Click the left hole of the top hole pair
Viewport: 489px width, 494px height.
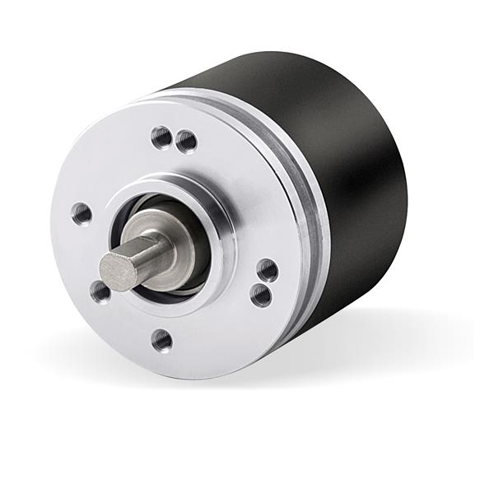click(161, 136)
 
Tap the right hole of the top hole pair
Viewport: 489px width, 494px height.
click(187, 142)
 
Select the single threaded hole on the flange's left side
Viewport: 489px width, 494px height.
click(81, 214)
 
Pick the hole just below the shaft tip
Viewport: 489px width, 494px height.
click(100, 291)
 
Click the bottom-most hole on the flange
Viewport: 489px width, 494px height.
click(162, 339)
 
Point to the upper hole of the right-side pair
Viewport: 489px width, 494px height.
click(267, 269)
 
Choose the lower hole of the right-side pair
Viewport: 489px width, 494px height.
click(261, 295)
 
